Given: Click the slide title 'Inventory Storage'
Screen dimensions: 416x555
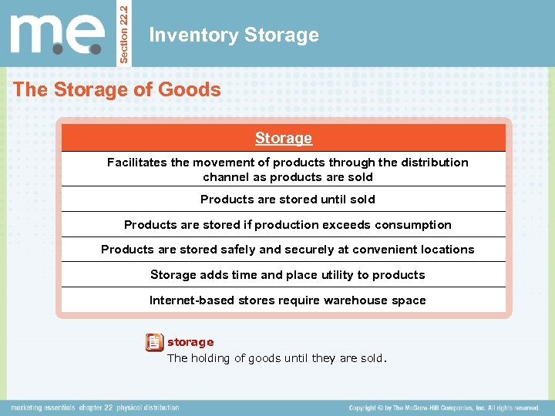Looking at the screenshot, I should [x=234, y=35].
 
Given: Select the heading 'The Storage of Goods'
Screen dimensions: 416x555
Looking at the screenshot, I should [x=117, y=89].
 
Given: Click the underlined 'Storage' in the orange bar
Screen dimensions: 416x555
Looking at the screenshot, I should [x=284, y=139].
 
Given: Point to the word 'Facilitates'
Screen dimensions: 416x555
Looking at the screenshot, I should [x=137, y=163].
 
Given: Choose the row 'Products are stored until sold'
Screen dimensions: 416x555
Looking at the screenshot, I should [x=288, y=200].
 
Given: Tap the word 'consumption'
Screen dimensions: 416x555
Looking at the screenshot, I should [x=413, y=225].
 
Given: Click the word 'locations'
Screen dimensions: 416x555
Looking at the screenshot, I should [x=444, y=250].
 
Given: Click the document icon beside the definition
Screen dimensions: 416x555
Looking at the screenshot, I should [x=154, y=342].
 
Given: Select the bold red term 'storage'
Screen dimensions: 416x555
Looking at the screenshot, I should [x=190, y=341].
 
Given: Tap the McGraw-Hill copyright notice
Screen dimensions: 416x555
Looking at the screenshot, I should [x=443, y=408].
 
